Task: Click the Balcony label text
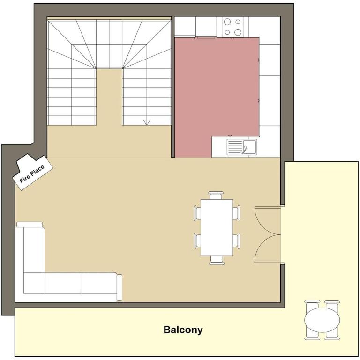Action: click(x=183, y=330)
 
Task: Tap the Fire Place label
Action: click(x=32, y=174)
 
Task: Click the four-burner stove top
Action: click(x=232, y=27)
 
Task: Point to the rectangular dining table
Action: click(x=217, y=227)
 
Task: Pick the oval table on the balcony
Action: click(x=322, y=320)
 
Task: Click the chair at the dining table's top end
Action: click(x=216, y=195)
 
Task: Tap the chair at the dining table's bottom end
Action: click(x=217, y=260)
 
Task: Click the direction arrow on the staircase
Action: click(x=147, y=122)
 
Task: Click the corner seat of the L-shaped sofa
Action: click(x=34, y=283)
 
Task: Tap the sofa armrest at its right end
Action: click(x=120, y=287)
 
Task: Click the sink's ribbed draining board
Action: click(x=235, y=146)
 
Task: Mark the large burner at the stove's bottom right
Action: click(x=238, y=32)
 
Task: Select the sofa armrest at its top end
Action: click(x=30, y=225)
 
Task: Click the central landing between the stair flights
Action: click(x=109, y=97)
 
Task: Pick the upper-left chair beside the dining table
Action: click(x=197, y=213)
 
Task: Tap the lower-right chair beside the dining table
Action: click(x=237, y=241)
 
